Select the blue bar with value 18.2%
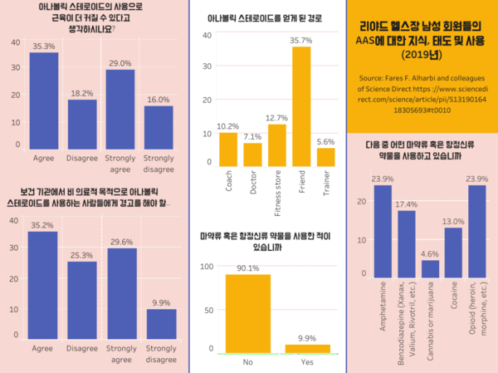[x=82, y=124]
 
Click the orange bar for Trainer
[x=325, y=155]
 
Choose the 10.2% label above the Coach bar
[x=227, y=125]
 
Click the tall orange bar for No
[x=247, y=312]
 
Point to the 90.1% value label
[x=247, y=268]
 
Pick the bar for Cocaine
[x=453, y=253]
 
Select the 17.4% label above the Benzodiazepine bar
[x=406, y=204]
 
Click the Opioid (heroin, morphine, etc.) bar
[x=476, y=231]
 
